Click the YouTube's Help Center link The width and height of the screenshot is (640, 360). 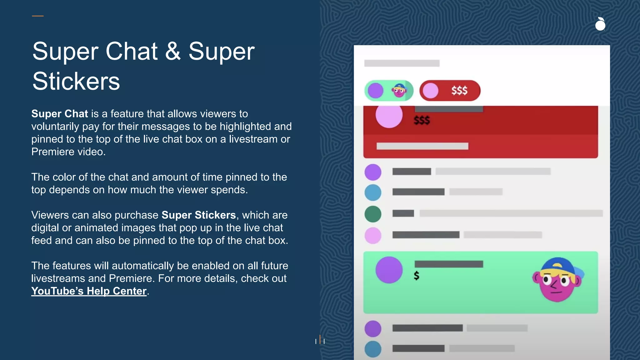coord(89,291)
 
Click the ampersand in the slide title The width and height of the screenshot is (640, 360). coord(173,52)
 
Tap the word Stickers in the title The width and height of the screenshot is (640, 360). coord(76,81)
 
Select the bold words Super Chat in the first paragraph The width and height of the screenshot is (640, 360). coord(60,114)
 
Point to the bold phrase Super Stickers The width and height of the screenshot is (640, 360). coord(198,215)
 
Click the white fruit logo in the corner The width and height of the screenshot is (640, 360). coord(600,24)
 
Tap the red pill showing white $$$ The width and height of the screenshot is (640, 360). coord(450,91)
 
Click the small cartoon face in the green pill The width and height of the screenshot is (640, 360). coord(399,91)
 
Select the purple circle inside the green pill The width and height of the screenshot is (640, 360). coord(375,91)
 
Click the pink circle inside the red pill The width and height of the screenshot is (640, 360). coord(430,91)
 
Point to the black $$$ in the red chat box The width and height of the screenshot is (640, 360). coord(422,120)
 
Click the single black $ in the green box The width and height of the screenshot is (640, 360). coord(416,276)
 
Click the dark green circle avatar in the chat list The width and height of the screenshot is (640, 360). coord(373,214)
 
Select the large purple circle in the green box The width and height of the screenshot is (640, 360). coord(389,270)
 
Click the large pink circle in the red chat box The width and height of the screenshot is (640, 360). coord(389,116)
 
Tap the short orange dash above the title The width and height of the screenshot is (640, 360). coord(37,16)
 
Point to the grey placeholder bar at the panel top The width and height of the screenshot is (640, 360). coord(402,63)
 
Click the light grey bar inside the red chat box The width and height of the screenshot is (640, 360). coord(422,146)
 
